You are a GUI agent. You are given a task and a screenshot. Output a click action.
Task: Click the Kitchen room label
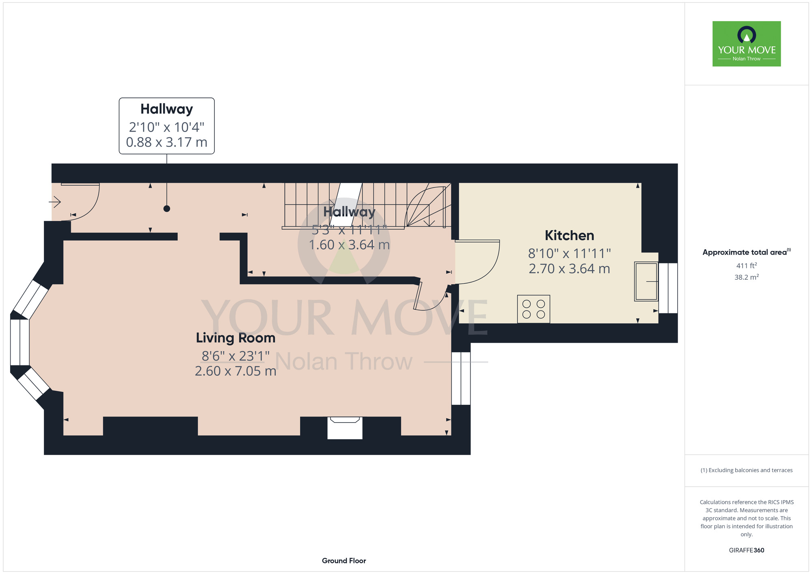[x=569, y=235]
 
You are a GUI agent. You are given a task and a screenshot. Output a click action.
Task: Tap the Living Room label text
[x=235, y=338]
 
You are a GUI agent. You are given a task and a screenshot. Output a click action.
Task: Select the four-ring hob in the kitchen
[x=533, y=309]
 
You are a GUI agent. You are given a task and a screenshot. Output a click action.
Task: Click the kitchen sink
[x=646, y=281]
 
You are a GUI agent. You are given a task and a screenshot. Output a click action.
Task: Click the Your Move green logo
[x=747, y=44]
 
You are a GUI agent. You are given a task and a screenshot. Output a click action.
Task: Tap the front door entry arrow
[x=55, y=201]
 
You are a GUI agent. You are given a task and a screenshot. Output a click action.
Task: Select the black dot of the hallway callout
[x=166, y=209]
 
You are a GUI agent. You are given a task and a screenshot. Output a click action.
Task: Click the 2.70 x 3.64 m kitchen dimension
[x=569, y=269]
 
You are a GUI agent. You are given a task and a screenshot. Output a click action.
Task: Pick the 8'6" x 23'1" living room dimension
[x=235, y=356]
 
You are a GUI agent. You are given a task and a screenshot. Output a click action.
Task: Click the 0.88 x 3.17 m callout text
[x=166, y=142]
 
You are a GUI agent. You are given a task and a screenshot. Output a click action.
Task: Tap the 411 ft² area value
[x=747, y=265]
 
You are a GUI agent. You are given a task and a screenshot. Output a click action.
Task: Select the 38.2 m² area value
[x=747, y=277]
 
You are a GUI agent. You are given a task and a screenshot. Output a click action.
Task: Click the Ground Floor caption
[x=344, y=561]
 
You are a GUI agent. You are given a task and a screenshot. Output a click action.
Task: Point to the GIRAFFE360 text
[x=747, y=550]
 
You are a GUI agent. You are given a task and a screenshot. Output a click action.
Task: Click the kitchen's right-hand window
[x=668, y=288]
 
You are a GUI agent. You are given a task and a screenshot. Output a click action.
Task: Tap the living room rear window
[x=461, y=378]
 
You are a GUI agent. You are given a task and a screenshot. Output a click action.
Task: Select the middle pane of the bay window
[x=20, y=343]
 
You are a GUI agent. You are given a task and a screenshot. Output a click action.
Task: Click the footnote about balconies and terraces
[x=747, y=470]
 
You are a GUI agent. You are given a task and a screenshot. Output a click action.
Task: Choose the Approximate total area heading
[x=747, y=252]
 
